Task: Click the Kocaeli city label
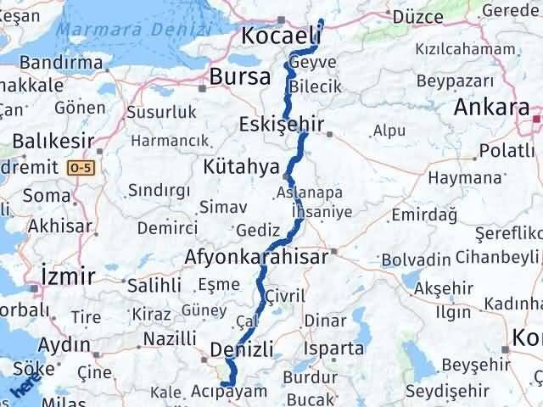281,36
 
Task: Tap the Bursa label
241,76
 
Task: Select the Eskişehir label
282,125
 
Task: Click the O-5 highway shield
79,168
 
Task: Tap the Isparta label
335,348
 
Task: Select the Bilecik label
314,86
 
